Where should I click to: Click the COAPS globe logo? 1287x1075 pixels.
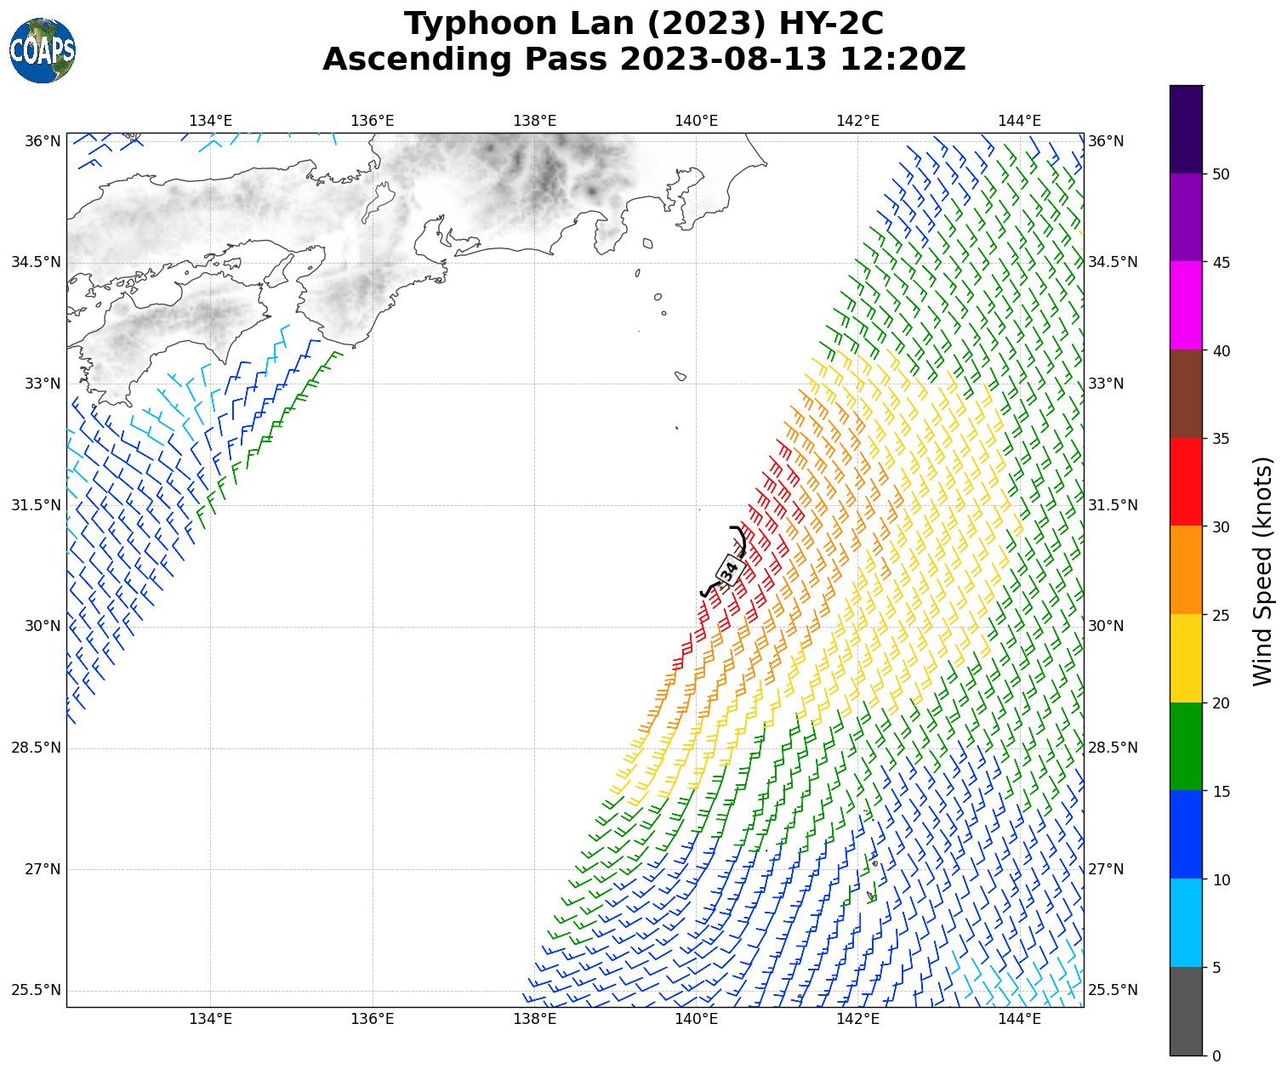pos(43,50)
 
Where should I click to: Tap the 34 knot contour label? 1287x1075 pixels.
pos(729,571)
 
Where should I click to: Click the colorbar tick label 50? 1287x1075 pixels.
pos(1222,174)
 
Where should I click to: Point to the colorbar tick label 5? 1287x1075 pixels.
pos(1216,968)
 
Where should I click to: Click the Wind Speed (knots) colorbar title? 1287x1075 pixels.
pos(1263,571)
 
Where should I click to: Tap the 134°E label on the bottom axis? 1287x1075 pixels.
pos(210,1019)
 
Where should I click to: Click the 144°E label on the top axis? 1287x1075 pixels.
pos(1019,121)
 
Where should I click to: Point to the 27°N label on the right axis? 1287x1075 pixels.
pos(1106,869)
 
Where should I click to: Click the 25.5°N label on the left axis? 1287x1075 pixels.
pos(36,991)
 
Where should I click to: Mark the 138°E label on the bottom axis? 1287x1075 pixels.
pos(534,1019)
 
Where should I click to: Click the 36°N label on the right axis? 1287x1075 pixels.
pos(1106,141)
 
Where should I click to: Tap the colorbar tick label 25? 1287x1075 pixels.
pos(1222,615)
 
